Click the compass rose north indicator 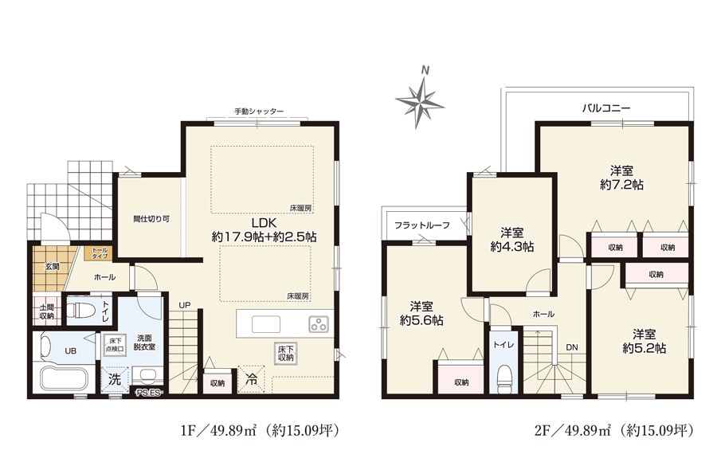(x=420, y=100)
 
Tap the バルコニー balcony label (x=606, y=108)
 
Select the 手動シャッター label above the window (x=259, y=111)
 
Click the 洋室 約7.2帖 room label (x=621, y=178)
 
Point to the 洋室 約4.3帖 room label (x=511, y=240)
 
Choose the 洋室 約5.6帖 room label (x=421, y=313)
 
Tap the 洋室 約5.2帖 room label (x=644, y=341)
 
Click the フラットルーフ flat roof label (x=421, y=225)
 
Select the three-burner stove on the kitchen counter (x=318, y=323)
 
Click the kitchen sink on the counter (x=265, y=324)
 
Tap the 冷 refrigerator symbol (x=251, y=378)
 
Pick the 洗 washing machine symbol (x=114, y=379)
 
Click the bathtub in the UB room (x=63, y=378)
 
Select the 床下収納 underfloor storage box (x=285, y=354)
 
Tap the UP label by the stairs (x=184, y=305)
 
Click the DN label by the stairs (x=571, y=347)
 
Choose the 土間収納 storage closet (x=47, y=311)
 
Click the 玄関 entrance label (x=52, y=267)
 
